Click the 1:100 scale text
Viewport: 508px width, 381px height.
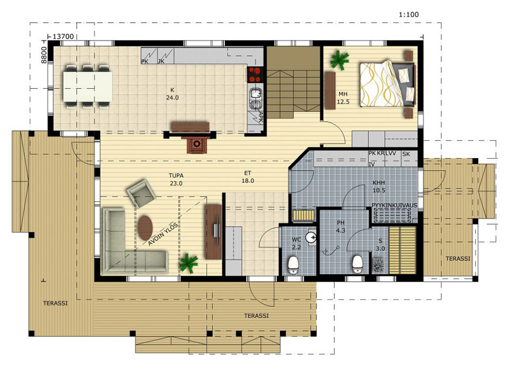[408, 15]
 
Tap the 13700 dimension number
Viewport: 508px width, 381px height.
[63, 37]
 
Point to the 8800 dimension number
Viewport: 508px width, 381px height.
[44, 55]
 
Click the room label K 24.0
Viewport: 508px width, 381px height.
[172, 93]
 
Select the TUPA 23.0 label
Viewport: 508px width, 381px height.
[176, 179]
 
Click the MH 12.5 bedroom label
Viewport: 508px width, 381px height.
[343, 98]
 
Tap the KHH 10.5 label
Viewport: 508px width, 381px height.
[378, 186]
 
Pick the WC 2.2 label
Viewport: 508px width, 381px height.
[297, 243]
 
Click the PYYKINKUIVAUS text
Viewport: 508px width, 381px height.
[394, 205]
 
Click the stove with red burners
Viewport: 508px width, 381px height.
[255, 74]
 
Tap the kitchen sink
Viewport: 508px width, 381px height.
[256, 98]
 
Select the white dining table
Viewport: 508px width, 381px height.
[88, 86]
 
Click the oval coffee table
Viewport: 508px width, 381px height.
[145, 228]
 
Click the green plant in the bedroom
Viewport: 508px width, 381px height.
[339, 60]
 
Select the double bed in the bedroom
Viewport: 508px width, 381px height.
[387, 83]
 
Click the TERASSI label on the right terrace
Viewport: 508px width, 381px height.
[458, 258]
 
